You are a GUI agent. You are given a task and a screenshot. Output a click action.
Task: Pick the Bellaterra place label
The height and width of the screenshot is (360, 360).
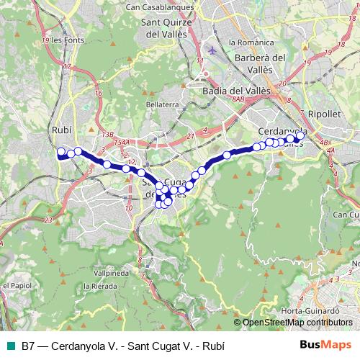tap(162, 104)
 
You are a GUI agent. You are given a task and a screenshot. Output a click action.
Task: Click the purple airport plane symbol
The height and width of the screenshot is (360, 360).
tap(210, 51)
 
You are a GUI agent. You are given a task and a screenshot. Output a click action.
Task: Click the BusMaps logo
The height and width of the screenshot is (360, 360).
tap(322, 345)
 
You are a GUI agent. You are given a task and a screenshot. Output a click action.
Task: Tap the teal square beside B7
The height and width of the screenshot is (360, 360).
tap(11, 346)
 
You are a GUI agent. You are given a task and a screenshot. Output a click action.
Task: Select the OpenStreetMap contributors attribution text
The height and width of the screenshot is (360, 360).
tap(297, 323)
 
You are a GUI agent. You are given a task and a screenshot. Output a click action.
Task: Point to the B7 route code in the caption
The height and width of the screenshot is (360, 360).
tap(28, 346)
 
